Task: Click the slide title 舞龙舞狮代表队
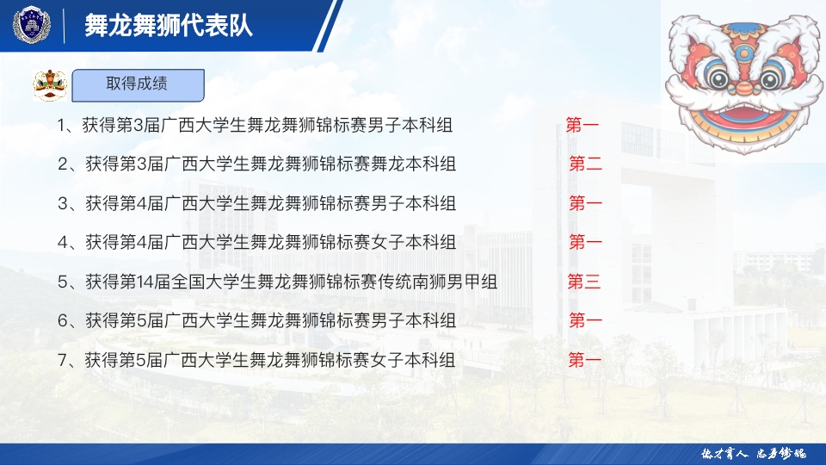(x=169, y=25)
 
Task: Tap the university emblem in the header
(x=32, y=25)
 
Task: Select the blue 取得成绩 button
(x=138, y=85)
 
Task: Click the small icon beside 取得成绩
(x=50, y=85)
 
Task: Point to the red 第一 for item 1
(x=583, y=124)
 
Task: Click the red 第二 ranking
(x=585, y=164)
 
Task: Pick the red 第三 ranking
(x=583, y=282)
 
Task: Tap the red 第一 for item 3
(x=585, y=203)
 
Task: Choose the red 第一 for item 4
(x=585, y=242)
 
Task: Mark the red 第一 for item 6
(x=585, y=320)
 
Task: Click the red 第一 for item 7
(x=584, y=360)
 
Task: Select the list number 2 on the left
(x=63, y=164)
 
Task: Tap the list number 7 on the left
(x=63, y=361)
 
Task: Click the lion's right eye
(x=769, y=78)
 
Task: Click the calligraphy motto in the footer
(x=754, y=454)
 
